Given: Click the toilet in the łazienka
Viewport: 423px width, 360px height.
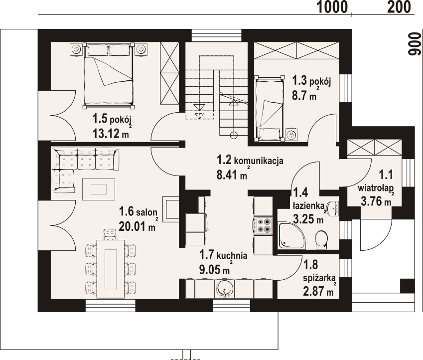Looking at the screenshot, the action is pos(321,239).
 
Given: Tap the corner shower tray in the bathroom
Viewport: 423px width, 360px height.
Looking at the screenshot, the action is pos(291,235).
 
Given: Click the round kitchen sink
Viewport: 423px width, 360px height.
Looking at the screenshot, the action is pos(225,288).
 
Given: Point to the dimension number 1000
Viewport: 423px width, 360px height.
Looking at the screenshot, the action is pos(332,7).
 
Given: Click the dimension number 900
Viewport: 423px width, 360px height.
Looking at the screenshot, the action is pos(415,44).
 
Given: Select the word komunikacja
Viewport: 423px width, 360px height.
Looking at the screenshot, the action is pos(259,161).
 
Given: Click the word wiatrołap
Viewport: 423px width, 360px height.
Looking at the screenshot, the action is pos(376,188).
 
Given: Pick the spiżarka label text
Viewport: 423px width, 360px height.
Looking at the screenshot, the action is pos(319,278).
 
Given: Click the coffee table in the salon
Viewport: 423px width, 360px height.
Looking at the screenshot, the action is pos(99,189).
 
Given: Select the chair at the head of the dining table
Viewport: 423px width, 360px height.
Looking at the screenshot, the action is pos(111,234).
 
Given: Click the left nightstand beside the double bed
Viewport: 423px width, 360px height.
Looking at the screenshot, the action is pos(76,49).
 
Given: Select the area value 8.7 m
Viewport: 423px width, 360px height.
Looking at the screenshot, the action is pos(304,95).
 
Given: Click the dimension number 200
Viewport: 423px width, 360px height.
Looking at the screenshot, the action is pos(399,7).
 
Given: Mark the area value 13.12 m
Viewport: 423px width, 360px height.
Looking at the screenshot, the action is pos(111,133).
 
